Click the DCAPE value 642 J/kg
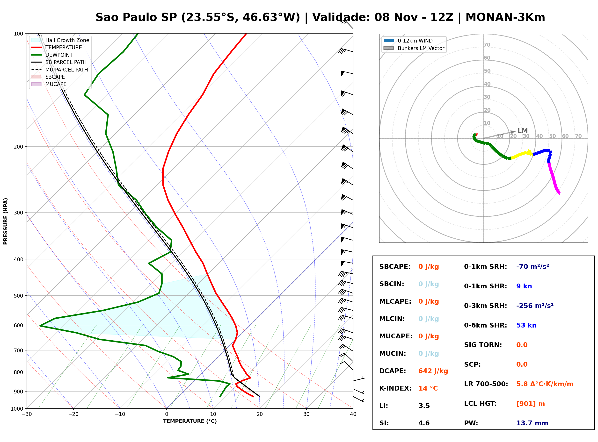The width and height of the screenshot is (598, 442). pyautogui.click(x=433, y=371)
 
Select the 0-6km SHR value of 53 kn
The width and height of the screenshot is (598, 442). pyautogui.click(x=526, y=325)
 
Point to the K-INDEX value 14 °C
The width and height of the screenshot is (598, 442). pyautogui.click(x=428, y=388)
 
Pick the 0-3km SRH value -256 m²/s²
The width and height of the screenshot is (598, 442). pyautogui.click(x=535, y=306)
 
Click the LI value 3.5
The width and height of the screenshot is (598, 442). pyautogui.click(x=424, y=406)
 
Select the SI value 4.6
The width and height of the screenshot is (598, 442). pyautogui.click(x=424, y=423)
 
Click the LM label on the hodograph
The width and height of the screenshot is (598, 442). pyautogui.click(x=523, y=131)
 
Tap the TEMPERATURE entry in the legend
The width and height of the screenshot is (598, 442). pyautogui.click(x=63, y=48)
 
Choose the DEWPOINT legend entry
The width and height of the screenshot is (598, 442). pyautogui.click(x=59, y=55)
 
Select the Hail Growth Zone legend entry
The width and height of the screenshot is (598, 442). pyautogui.click(x=67, y=40)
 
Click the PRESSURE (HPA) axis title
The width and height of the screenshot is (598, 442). pyautogui.click(x=6, y=221)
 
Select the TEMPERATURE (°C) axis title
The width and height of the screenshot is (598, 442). pyautogui.click(x=190, y=421)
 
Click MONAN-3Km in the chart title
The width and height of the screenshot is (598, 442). pyautogui.click(x=505, y=17)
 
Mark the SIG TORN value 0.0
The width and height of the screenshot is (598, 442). pyautogui.click(x=522, y=345)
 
